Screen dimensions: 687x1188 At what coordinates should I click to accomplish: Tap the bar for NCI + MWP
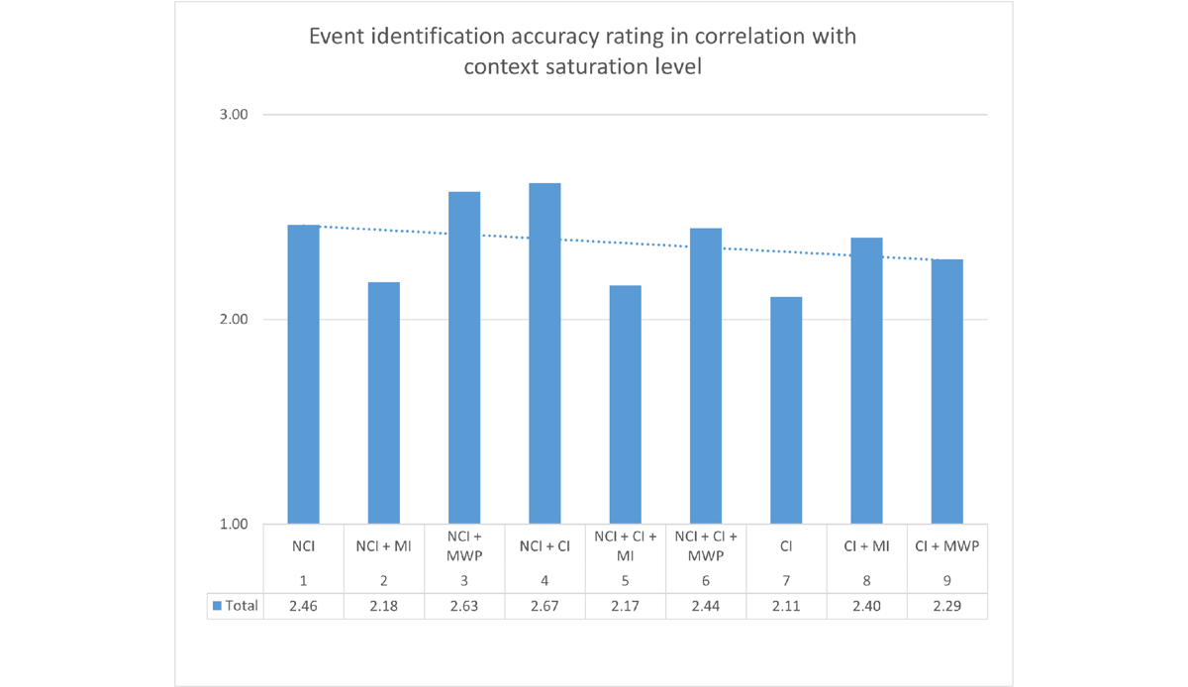click(464, 357)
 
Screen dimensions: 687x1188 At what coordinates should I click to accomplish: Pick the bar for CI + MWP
click(946, 392)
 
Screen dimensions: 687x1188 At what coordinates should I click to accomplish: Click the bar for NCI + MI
click(384, 403)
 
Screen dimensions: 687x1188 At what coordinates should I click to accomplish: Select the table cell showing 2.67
click(544, 605)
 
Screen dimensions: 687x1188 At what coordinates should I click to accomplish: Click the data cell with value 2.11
click(786, 605)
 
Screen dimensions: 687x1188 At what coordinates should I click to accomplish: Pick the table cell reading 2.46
click(303, 605)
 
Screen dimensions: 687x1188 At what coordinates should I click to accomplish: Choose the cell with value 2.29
click(946, 605)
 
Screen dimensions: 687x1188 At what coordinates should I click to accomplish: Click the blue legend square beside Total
click(217, 605)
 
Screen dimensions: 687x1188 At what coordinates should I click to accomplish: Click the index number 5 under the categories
click(625, 580)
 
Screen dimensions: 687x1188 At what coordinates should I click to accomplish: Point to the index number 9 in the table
click(946, 580)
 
